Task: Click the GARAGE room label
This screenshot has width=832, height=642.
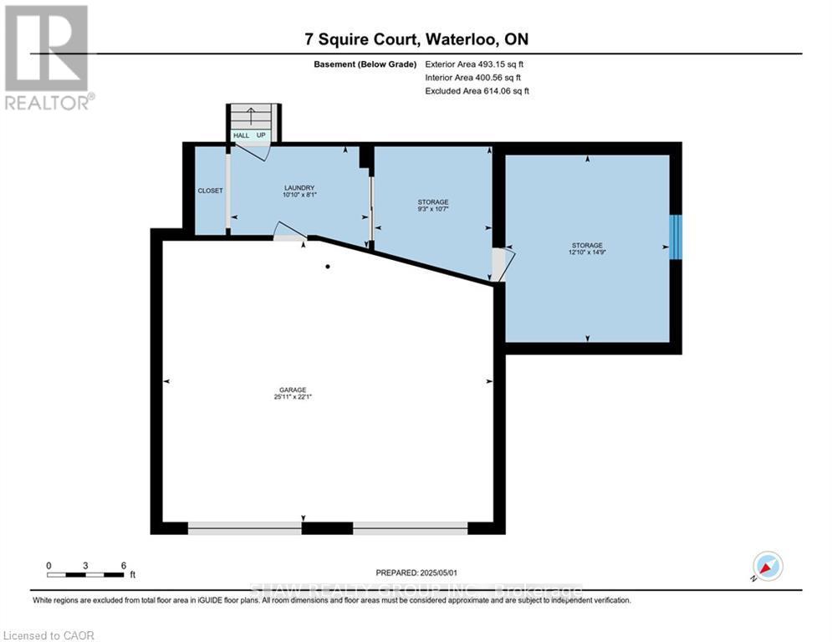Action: point(293,390)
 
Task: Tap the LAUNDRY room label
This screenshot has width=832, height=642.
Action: point(298,188)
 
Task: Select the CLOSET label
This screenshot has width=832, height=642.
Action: point(210,191)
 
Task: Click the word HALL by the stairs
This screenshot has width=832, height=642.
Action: point(241,135)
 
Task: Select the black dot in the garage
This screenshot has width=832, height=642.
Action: point(328,267)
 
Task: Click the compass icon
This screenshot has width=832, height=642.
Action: point(767,566)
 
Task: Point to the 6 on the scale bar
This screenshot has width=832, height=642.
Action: point(123,565)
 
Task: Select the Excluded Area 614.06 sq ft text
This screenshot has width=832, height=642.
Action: point(477,91)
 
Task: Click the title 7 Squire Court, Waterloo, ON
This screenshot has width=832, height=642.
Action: point(416,39)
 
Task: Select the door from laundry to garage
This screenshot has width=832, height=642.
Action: point(288,233)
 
